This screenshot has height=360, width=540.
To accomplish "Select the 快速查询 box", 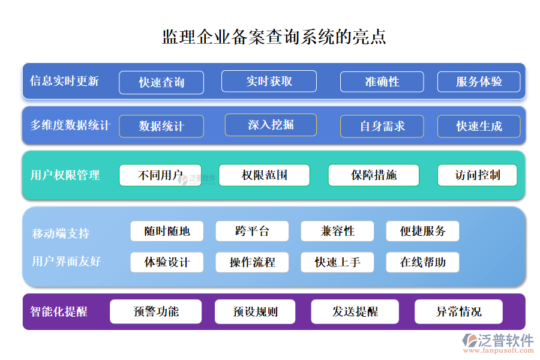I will pyautogui.click(x=161, y=83).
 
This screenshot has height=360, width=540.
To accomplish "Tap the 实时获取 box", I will pyautogui.click(x=269, y=81).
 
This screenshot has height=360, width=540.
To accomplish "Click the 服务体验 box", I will pyautogui.click(x=479, y=82).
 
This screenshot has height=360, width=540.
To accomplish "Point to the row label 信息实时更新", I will pyautogui.click(x=64, y=81).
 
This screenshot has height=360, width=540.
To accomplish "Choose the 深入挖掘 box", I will pyautogui.click(x=271, y=125).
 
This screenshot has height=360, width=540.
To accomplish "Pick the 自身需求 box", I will pyautogui.click(x=382, y=126).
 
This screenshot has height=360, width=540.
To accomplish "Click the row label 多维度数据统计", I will pyautogui.click(x=70, y=125).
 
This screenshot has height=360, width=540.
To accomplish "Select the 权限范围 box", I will pyautogui.click(x=264, y=175).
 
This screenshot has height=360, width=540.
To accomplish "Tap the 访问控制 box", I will pyautogui.click(x=477, y=175).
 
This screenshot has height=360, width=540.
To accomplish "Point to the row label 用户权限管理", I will pyautogui.click(x=65, y=176).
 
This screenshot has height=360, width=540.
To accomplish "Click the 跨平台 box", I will pyautogui.click(x=252, y=231).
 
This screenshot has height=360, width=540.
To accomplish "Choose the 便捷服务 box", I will pyautogui.click(x=422, y=231).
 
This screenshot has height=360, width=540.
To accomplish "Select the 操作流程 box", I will pyautogui.click(x=252, y=262).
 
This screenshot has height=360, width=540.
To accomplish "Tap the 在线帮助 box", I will pyautogui.click(x=422, y=262).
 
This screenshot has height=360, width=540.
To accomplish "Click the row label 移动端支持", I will pyautogui.click(x=61, y=233).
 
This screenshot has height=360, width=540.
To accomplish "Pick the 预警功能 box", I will pyautogui.click(x=156, y=311).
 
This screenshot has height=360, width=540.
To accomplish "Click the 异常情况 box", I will pyautogui.click(x=458, y=312).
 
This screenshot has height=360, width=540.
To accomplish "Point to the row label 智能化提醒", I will pyautogui.click(x=59, y=311).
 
